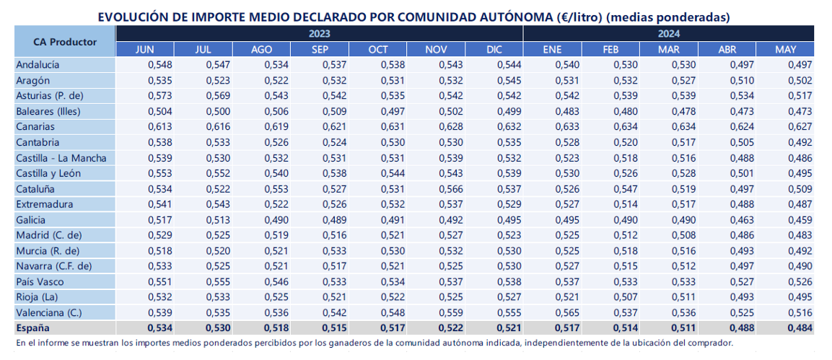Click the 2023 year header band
coord(320,33)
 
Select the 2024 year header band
coord(669,33)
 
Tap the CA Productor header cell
coord(65,41)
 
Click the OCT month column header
coord(378,49)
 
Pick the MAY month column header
coord(785,49)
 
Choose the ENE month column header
coord(552,49)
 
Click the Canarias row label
coord(35,127)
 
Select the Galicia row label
coord(31,219)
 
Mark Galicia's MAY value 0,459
coord(801,219)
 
